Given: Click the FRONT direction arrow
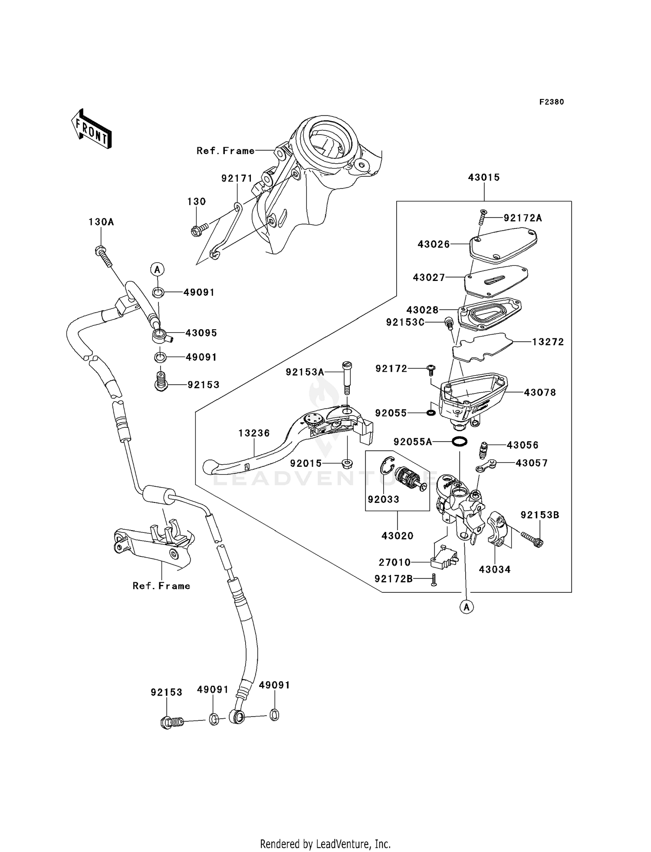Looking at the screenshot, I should (x=91, y=129).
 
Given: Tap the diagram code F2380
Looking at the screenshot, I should (x=551, y=102).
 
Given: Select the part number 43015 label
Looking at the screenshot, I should (x=483, y=177).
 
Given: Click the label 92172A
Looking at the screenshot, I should (x=523, y=218).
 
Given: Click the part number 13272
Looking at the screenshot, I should (x=548, y=342).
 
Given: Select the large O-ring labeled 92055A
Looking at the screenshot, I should (x=459, y=442).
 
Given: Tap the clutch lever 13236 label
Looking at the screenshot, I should (x=254, y=433).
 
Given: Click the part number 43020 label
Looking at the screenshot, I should (x=397, y=536).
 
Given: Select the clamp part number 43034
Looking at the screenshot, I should (x=494, y=569).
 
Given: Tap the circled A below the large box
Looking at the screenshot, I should (x=467, y=607).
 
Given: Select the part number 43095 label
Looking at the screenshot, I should (x=201, y=333).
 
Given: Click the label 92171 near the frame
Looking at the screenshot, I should (x=237, y=178).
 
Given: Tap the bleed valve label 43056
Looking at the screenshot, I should (x=523, y=445).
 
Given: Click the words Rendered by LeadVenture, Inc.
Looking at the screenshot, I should (x=325, y=844).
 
